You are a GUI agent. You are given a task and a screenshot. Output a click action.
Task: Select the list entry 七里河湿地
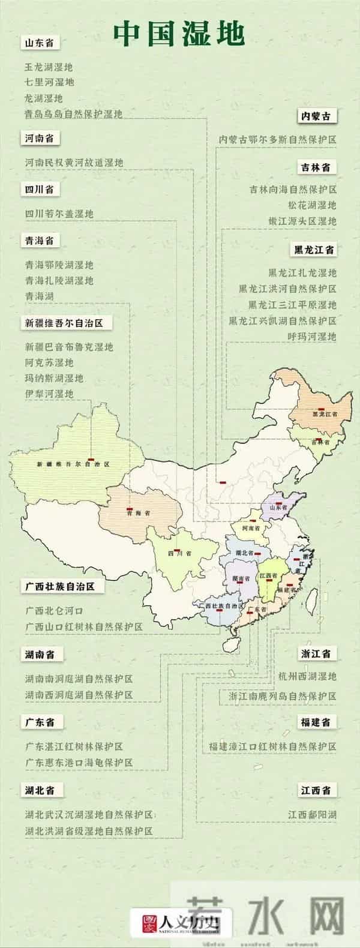click(x=49, y=82)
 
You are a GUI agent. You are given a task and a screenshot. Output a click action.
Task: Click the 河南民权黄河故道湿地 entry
click(x=74, y=163)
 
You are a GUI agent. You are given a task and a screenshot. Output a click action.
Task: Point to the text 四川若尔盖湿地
click(x=59, y=214)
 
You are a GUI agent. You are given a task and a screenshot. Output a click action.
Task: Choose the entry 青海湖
click(x=40, y=296)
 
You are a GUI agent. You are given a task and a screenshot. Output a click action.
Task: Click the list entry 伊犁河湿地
click(x=49, y=394)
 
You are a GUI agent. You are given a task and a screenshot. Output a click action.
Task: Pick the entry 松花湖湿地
click(x=312, y=205)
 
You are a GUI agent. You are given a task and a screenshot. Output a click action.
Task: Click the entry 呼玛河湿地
click(x=312, y=336)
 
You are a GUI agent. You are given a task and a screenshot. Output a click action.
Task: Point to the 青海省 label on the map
click(x=138, y=514)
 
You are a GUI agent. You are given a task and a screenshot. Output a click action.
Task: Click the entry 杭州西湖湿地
click(x=307, y=676)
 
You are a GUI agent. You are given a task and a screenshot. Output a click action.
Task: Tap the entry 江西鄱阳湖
click(x=312, y=815)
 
